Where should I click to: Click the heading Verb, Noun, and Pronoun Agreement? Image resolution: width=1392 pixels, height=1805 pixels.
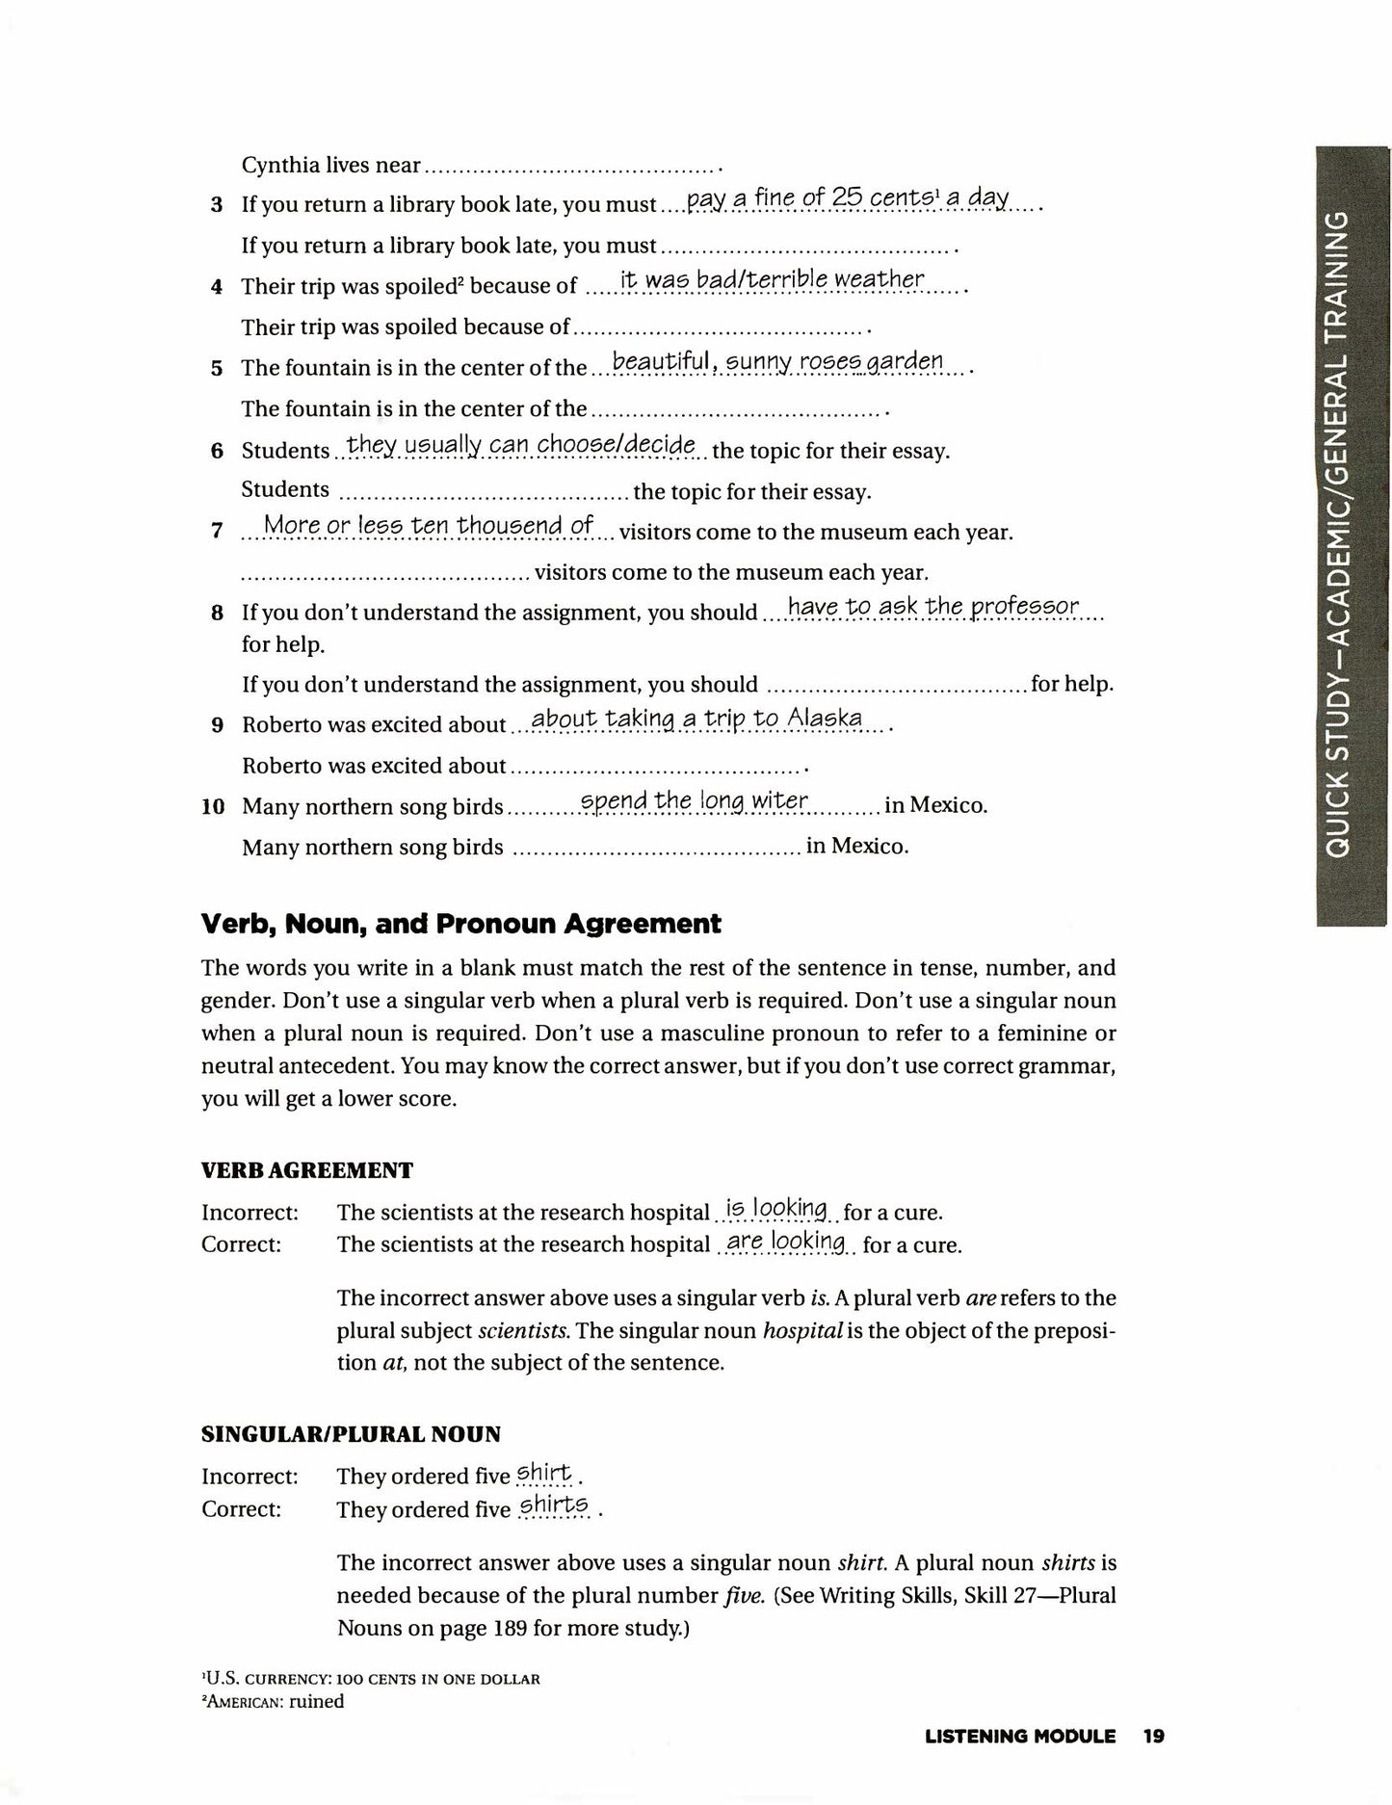(x=460, y=925)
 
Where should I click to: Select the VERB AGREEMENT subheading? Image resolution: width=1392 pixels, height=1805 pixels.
(x=306, y=1170)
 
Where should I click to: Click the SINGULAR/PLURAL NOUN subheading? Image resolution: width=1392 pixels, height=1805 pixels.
(x=351, y=1434)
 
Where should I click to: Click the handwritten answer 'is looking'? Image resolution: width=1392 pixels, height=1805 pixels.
(x=775, y=1209)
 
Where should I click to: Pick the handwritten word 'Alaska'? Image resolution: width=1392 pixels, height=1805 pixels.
(x=824, y=719)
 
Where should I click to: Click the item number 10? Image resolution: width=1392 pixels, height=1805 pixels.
(x=213, y=807)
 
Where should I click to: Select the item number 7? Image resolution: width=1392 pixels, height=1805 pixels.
(x=217, y=532)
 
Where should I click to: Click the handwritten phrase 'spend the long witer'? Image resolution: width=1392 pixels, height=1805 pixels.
(x=694, y=801)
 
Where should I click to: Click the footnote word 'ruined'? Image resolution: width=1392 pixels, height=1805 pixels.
(x=316, y=1701)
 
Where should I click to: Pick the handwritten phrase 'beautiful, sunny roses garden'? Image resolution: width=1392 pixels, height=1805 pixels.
(x=777, y=362)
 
